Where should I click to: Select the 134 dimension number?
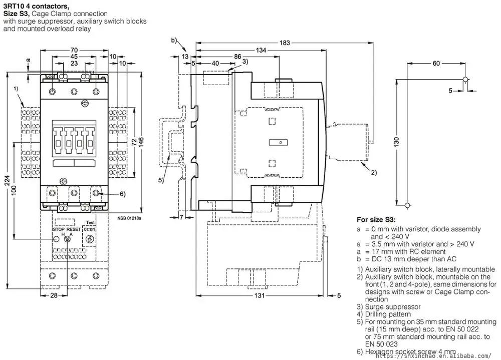coord(261,50)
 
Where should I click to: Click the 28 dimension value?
coord(53,296)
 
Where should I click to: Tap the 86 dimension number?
coord(237,57)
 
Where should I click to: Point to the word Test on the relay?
coord(90,223)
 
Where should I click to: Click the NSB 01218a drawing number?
coord(130,218)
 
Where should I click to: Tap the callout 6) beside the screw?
coord(108,194)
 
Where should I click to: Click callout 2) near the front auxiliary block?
coord(374,173)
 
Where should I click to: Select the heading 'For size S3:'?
coord(376,219)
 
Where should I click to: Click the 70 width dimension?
coord(74,50)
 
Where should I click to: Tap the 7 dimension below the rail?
coord(182,217)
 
